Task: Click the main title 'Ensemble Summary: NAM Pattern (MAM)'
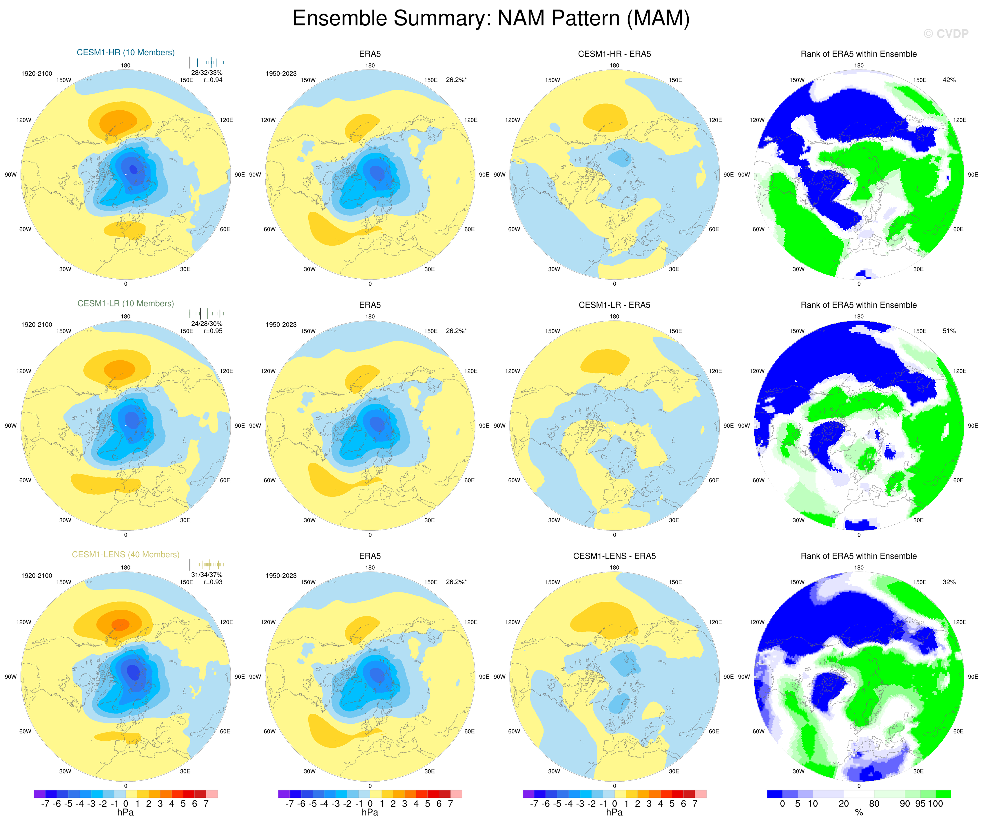pyautogui.click(x=491, y=19)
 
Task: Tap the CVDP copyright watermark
pyautogui.click(x=946, y=34)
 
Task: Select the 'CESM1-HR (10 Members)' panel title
pyautogui.click(x=125, y=52)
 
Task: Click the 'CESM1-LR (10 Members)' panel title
pyautogui.click(x=125, y=303)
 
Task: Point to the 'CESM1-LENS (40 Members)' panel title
pyautogui.click(x=125, y=554)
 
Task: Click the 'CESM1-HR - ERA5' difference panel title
pyautogui.click(x=614, y=54)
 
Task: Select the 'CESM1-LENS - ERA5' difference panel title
pyautogui.click(x=614, y=556)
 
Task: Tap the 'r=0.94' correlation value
pyautogui.click(x=213, y=80)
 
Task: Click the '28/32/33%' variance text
pyautogui.click(x=207, y=72)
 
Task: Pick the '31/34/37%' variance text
pyautogui.click(x=207, y=575)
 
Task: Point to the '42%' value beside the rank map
pyautogui.click(x=949, y=80)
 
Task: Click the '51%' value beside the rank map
pyautogui.click(x=949, y=331)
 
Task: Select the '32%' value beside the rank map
pyautogui.click(x=949, y=582)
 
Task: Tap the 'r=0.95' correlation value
pyautogui.click(x=213, y=331)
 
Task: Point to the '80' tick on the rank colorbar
pyautogui.click(x=874, y=804)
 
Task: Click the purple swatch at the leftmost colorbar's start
pyautogui.click(x=39, y=794)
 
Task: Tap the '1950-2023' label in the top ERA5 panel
pyautogui.click(x=281, y=74)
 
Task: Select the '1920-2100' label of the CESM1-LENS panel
pyautogui.click(x=37, y=576)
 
